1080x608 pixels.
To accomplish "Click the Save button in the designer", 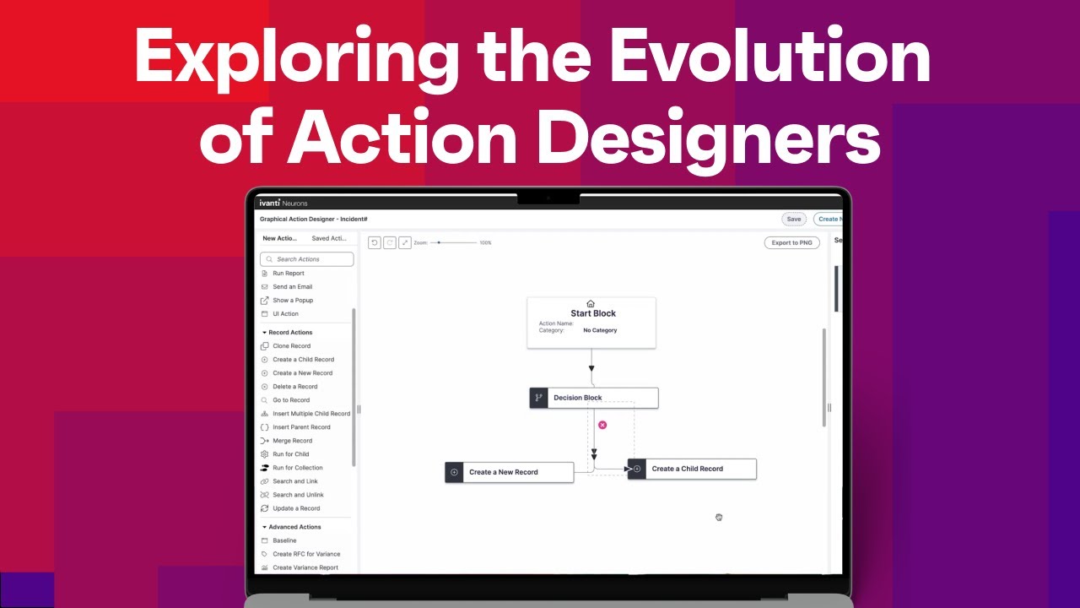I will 793,219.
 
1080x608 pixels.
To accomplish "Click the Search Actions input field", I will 307,259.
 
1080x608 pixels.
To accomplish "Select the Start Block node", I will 591,322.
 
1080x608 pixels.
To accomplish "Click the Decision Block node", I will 593,398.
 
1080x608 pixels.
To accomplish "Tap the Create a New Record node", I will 509,472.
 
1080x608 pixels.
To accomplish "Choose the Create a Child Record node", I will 692,469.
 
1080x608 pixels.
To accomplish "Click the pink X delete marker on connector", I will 602,425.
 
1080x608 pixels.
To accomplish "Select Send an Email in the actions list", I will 292,287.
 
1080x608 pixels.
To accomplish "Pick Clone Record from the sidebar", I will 291,346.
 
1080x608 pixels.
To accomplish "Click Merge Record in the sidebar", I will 292,441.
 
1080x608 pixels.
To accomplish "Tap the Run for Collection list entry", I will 297,468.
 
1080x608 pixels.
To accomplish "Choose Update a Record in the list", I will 296,508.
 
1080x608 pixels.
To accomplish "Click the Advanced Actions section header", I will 294,527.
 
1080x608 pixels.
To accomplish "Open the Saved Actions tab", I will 329,238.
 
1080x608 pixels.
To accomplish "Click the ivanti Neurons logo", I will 282,203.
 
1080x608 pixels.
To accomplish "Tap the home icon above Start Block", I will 591,304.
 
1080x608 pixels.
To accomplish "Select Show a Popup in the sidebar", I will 293,301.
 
